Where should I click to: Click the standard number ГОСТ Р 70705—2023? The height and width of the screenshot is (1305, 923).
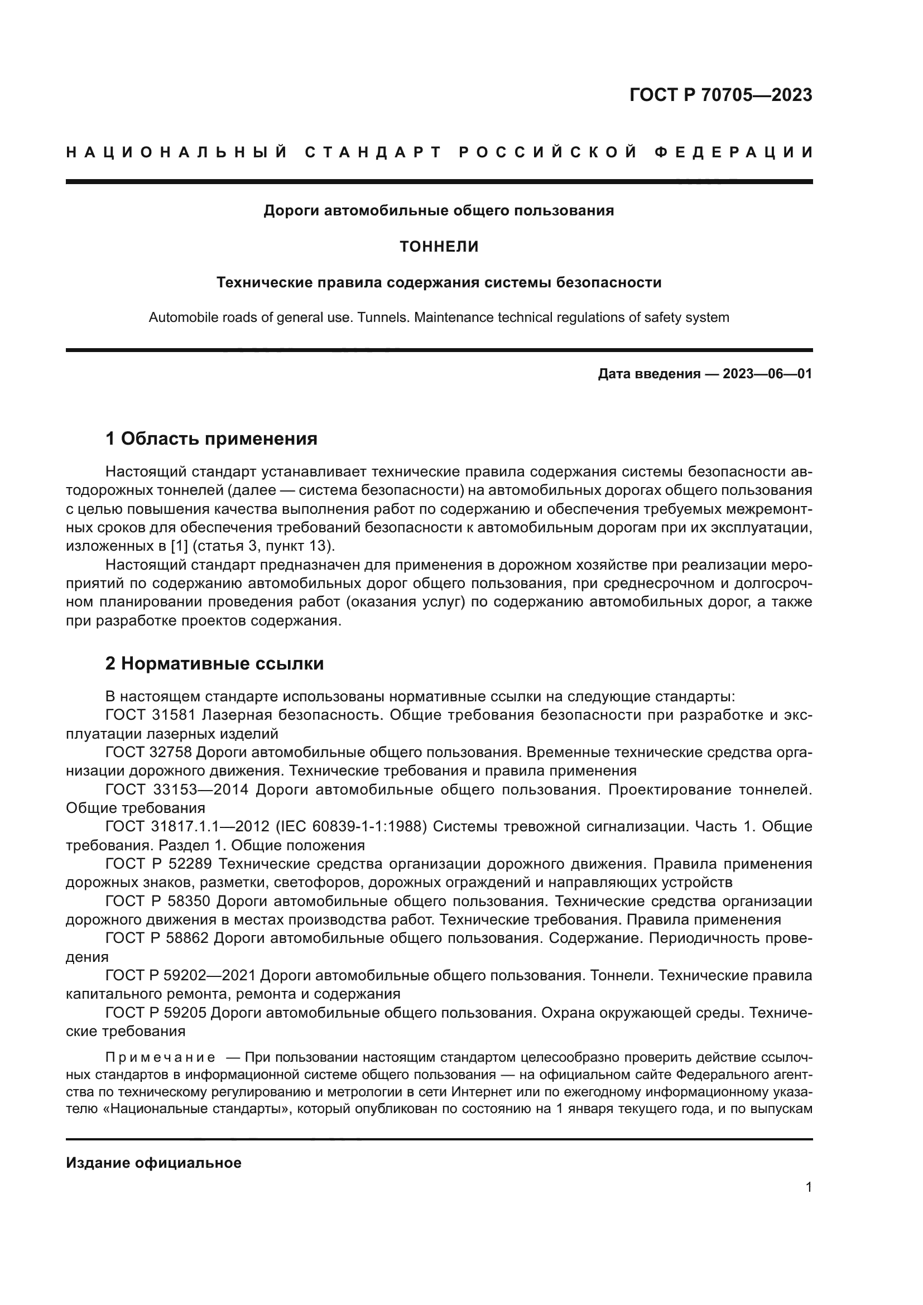720,95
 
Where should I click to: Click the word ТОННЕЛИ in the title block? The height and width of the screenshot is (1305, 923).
439,247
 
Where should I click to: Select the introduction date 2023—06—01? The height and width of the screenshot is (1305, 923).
767,374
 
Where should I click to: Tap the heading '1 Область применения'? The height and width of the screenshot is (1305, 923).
211,439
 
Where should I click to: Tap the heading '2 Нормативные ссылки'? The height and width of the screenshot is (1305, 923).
214,663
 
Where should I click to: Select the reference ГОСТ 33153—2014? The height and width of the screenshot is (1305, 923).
177,789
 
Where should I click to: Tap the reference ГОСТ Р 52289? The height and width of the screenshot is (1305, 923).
158,864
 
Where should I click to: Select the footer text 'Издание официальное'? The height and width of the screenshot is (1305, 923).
153,1162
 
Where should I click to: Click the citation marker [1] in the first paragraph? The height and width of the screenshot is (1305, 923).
179,546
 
